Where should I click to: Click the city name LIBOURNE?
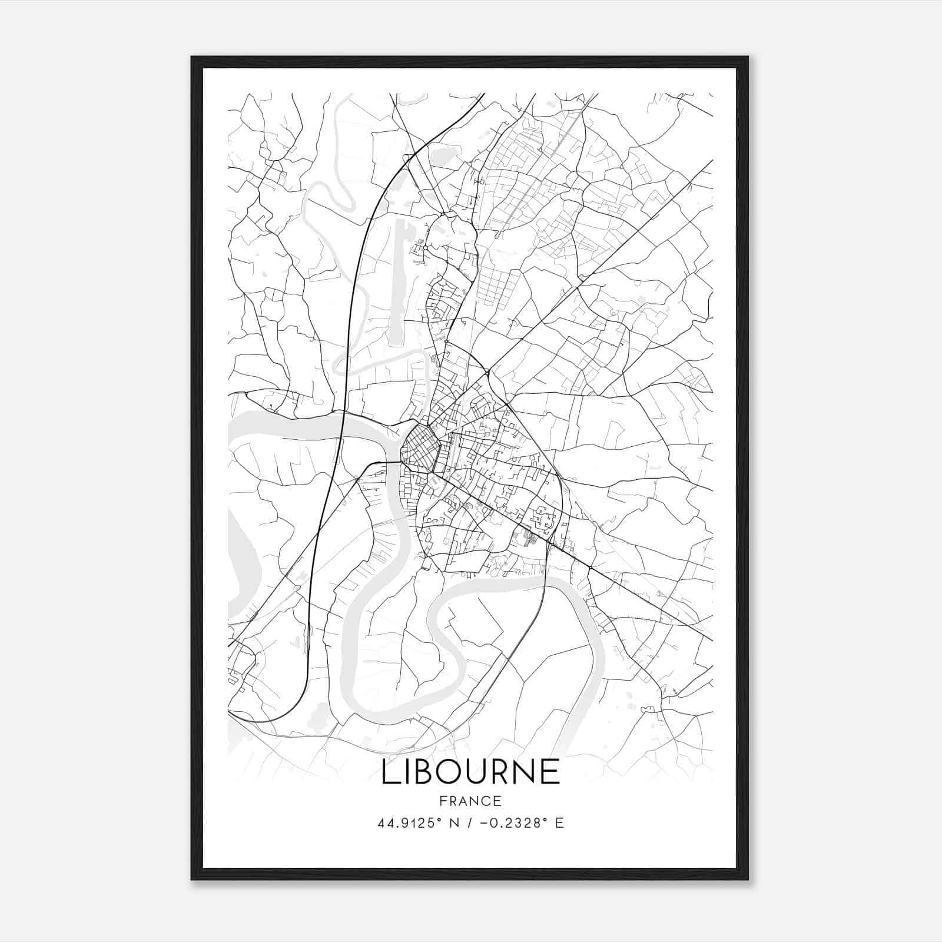pos(470,772)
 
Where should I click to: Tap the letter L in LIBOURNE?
pos(389,772)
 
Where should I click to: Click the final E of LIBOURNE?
pos(550,772)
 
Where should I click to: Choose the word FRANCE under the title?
pos(470,801)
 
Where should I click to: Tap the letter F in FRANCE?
pos(443,801)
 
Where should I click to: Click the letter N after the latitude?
pos(453,823)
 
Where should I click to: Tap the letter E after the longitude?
pos(559,823)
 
